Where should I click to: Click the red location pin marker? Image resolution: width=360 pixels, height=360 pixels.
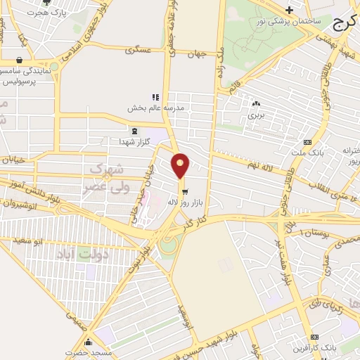[181, 165]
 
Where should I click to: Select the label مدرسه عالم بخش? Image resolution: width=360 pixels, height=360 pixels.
[155, 108]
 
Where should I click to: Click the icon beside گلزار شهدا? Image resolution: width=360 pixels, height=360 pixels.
[134, 130]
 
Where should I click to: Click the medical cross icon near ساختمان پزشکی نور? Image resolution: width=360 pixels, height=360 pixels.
[289, 9]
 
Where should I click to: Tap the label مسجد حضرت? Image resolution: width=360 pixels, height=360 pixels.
[89, 352]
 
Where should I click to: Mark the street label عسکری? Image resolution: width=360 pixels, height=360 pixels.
[138, 51]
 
